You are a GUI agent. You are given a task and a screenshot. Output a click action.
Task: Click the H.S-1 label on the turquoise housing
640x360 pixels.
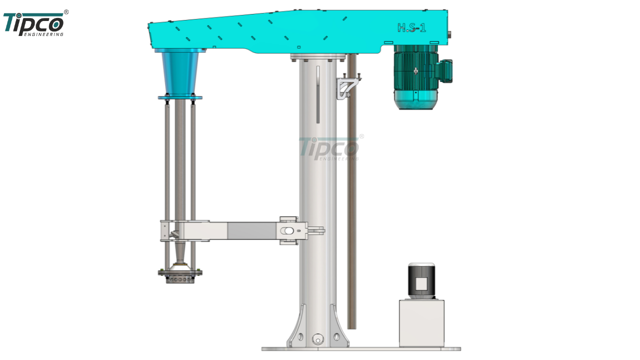pos(411,27)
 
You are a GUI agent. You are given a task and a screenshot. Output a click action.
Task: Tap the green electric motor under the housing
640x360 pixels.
pos(416,77)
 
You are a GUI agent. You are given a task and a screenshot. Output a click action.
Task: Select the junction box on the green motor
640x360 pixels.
pos(445,71)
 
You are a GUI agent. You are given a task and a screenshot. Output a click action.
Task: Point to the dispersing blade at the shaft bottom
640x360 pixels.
pos(180,275)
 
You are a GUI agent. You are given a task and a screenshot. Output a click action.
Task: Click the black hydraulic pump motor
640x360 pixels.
pos(421,280)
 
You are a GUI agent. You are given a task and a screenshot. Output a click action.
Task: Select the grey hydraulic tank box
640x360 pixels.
pos(421,323)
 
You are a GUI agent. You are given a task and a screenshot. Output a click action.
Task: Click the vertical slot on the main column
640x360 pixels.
pos(318,94)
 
